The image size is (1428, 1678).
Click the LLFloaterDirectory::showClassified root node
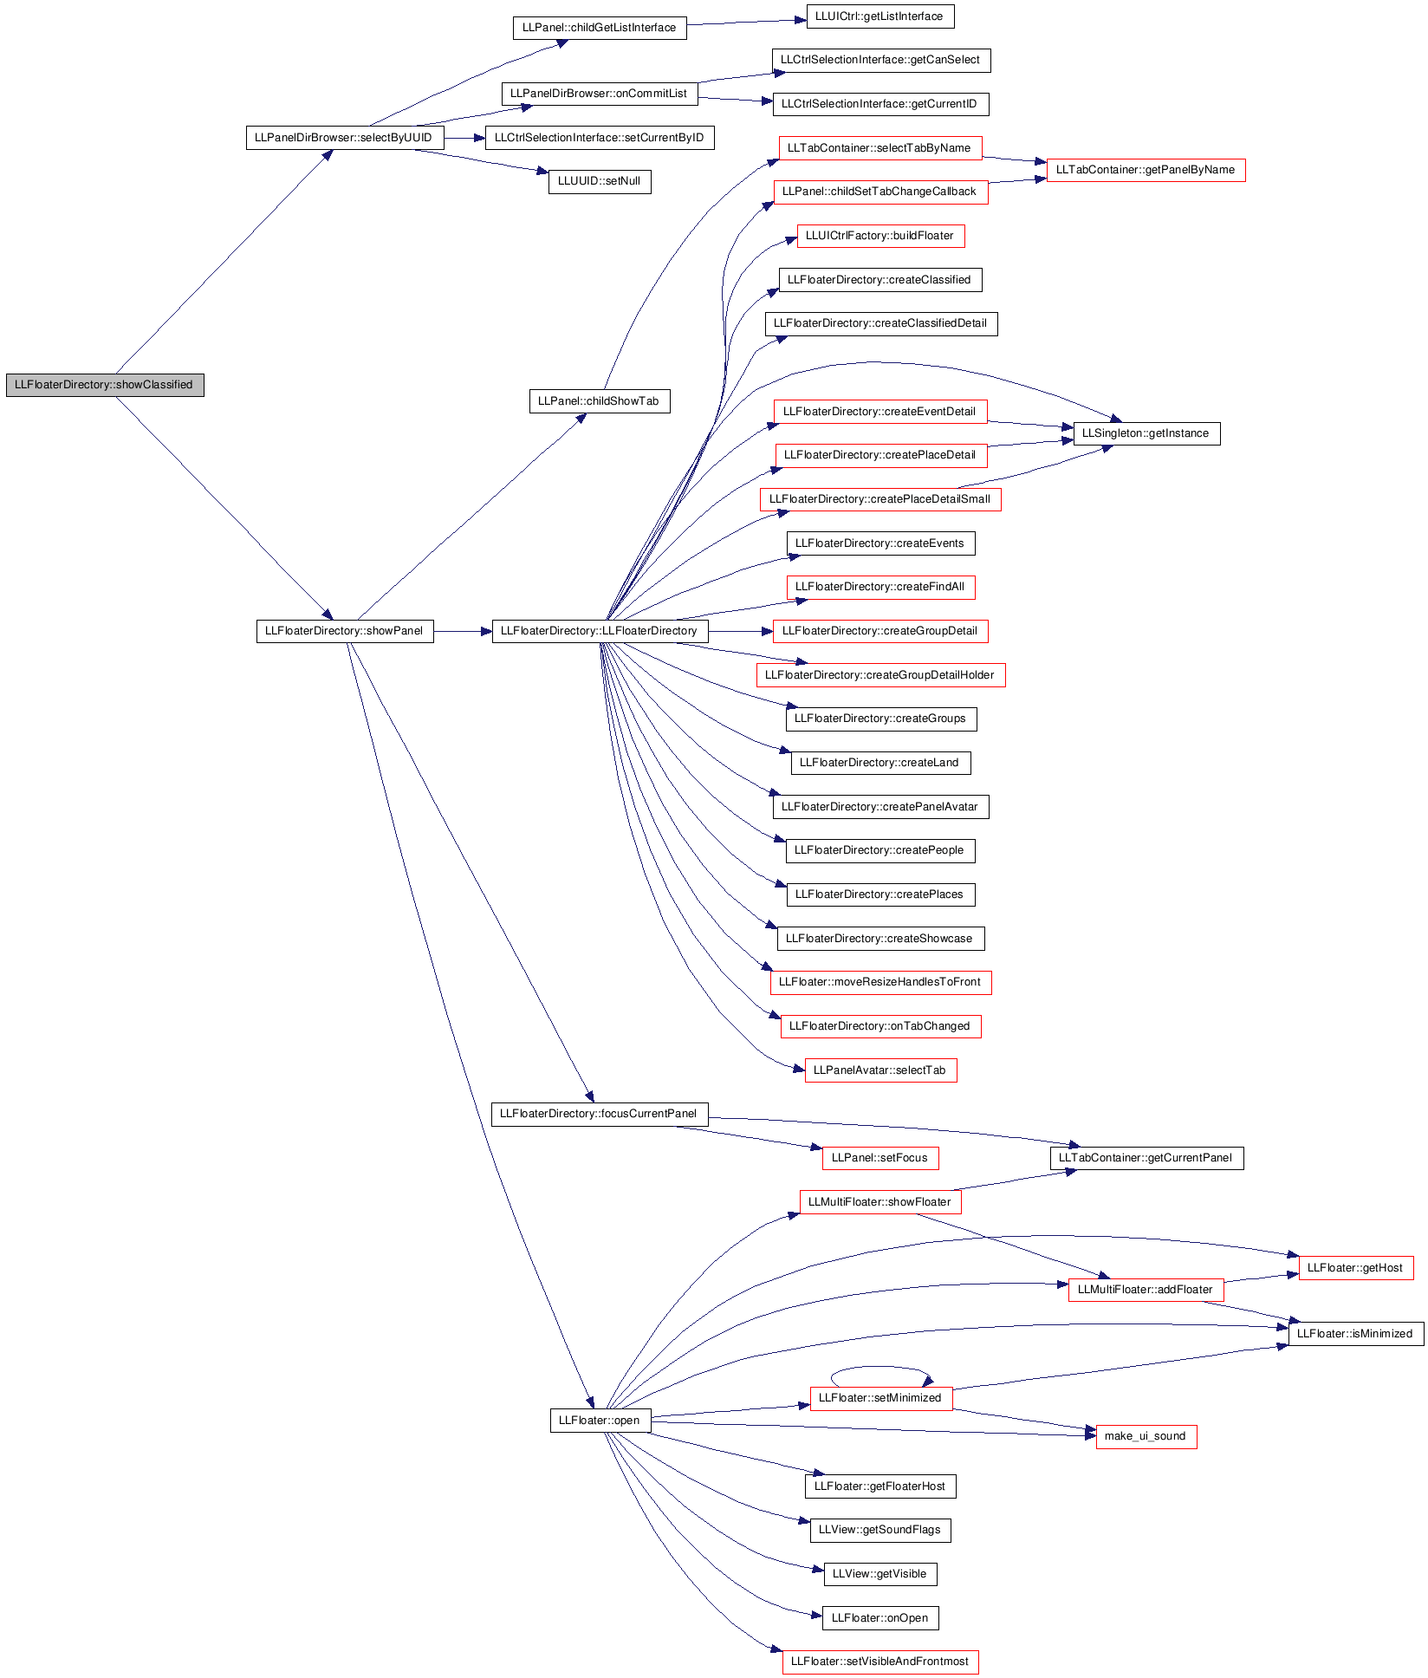[105, 385]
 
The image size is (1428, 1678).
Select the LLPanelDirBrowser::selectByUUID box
[344, 138]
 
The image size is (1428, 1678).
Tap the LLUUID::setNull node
[600, 182]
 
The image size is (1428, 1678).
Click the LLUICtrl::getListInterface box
[880, 16]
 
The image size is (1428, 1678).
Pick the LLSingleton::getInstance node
[1146, 433]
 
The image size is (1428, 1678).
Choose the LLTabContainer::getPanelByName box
[1146, 170]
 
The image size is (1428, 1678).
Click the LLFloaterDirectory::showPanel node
[344, 631]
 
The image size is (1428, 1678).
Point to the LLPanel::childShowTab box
[600, 401]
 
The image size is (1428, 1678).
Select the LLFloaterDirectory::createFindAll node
[880, 587]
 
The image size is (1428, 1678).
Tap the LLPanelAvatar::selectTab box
[880, 1070]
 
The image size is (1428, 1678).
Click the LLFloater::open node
[600, 1421]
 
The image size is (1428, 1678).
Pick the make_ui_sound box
[1146, 1436]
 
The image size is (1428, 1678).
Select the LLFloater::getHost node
[1355, 1268]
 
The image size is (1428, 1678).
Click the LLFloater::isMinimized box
[1355, 1334]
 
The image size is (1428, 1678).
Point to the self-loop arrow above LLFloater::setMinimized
[880, 1367]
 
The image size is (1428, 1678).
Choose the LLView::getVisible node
[880, 1574]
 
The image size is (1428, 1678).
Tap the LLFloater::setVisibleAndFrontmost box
[880, 1662]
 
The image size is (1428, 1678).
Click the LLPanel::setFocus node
[880, 1158]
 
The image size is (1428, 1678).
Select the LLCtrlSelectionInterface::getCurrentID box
[880, 104]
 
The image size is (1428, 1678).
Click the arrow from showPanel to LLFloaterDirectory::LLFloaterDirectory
[463, 632]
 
